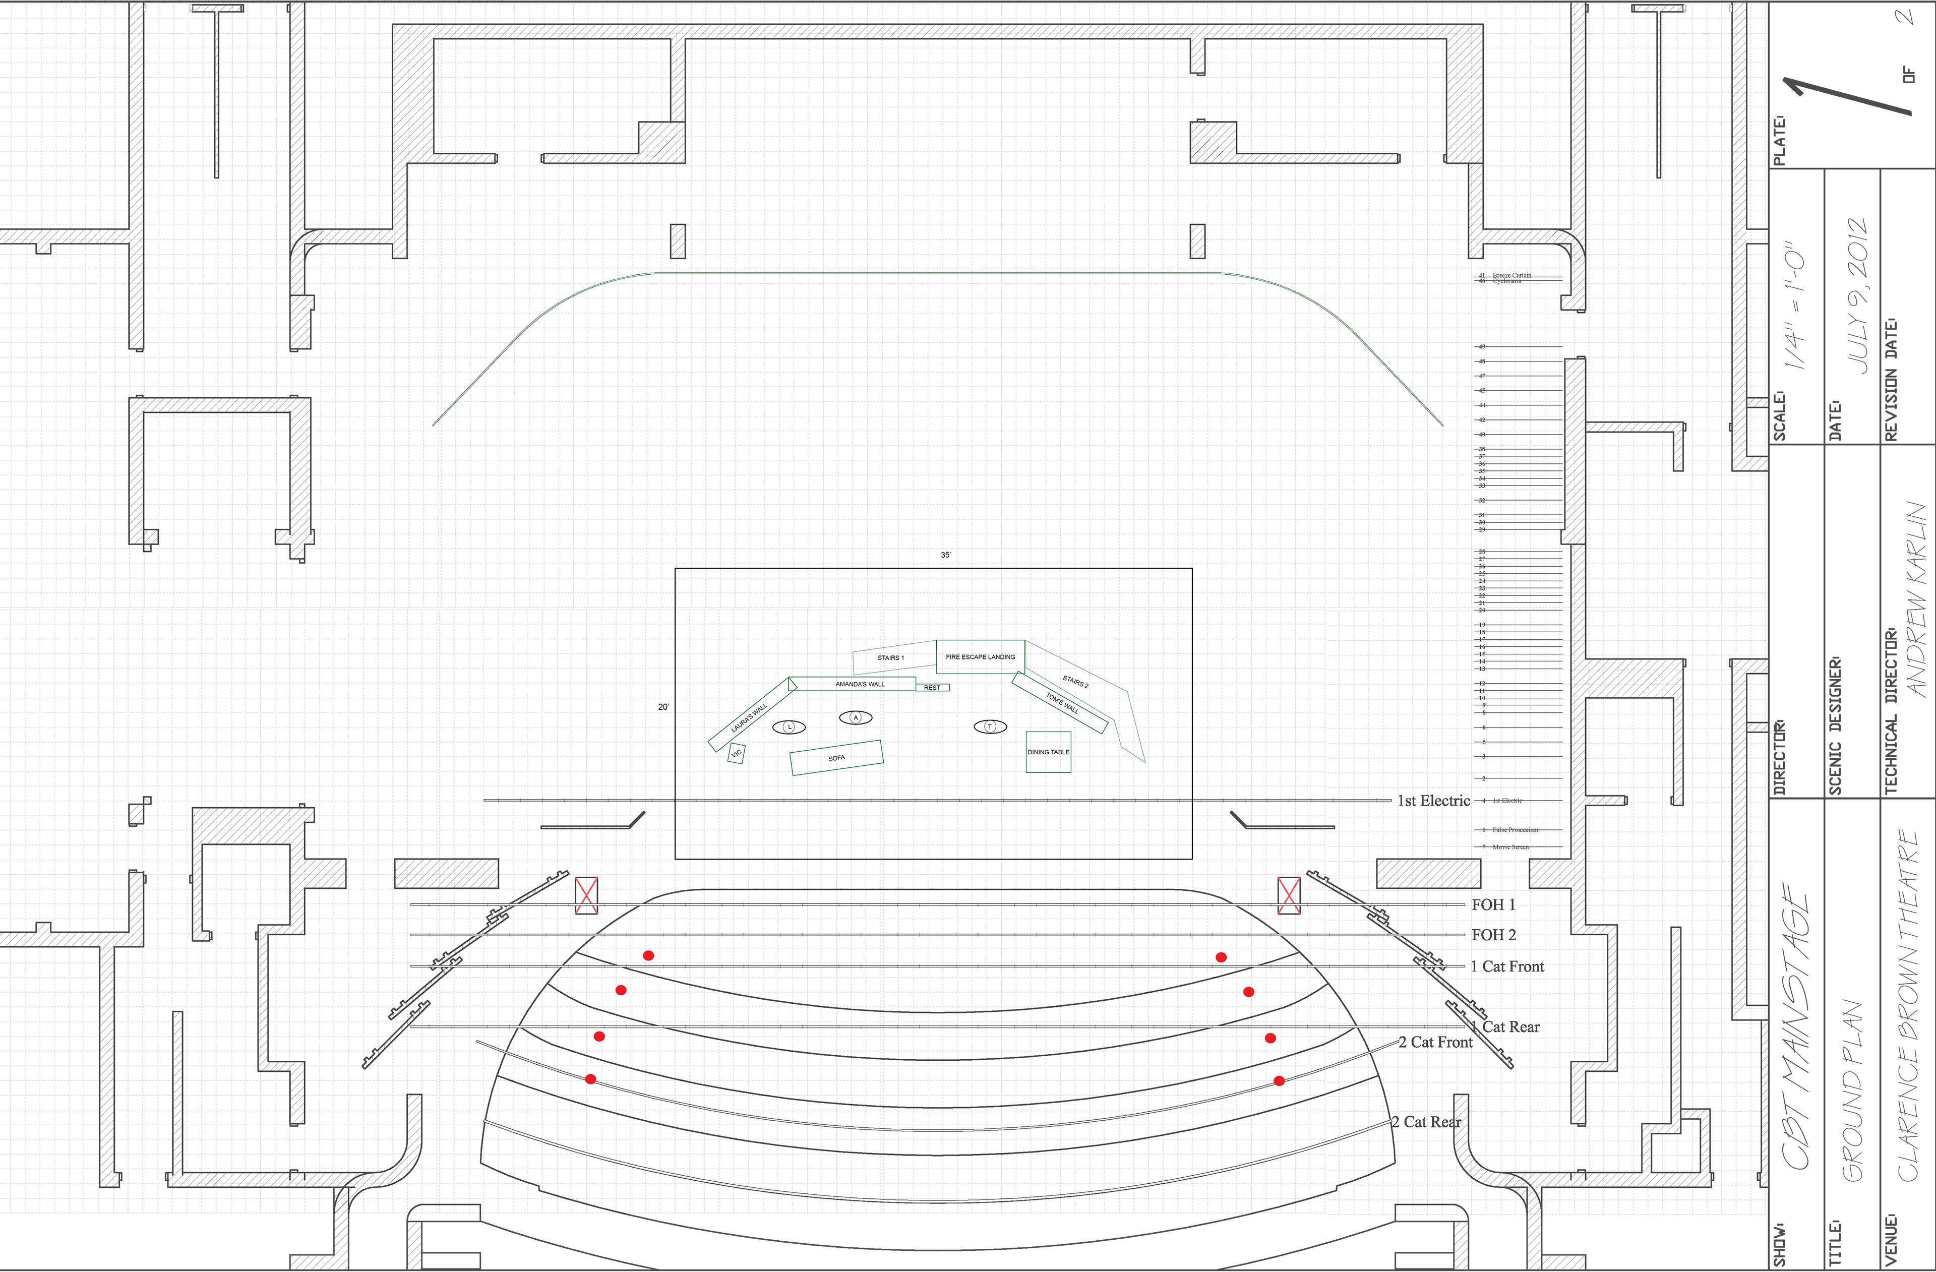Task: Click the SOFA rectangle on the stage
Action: pos(836,757)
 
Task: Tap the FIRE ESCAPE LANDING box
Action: pos(980,656)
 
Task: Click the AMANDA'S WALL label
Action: pos(860,684)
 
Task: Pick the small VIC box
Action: pos(736,754)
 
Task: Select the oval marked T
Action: pos(990,726)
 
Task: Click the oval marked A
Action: pos(855,717)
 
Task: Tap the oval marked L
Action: pos(788,726)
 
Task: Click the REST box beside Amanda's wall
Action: pos(932,687)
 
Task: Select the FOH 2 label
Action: pos(1493,935)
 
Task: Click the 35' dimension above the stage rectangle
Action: pos(945,555)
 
